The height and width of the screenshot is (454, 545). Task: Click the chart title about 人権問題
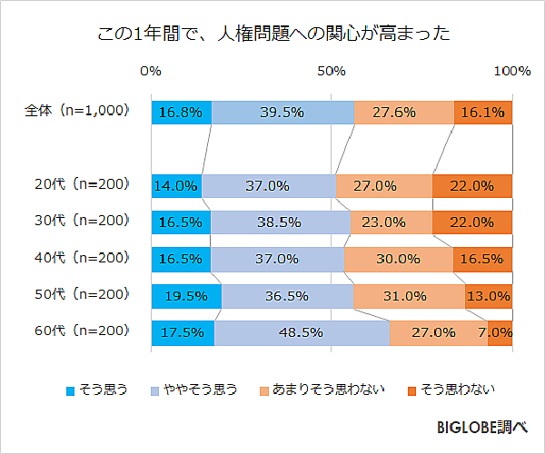coord(272,35)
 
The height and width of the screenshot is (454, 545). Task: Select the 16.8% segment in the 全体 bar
coord(181,113)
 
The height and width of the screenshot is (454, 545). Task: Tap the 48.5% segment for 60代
coord(302,332)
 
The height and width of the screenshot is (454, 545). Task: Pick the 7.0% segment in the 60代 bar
coord(500,332)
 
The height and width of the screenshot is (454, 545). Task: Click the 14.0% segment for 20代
coord(176,185)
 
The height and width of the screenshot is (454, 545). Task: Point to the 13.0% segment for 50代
coord(489,295)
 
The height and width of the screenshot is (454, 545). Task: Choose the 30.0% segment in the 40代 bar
coord(399,259)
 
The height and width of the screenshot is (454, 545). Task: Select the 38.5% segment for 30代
coord(281,222)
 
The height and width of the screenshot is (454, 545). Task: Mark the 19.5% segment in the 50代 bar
coord(186,295)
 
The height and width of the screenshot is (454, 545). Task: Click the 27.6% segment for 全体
coord(403,113)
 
